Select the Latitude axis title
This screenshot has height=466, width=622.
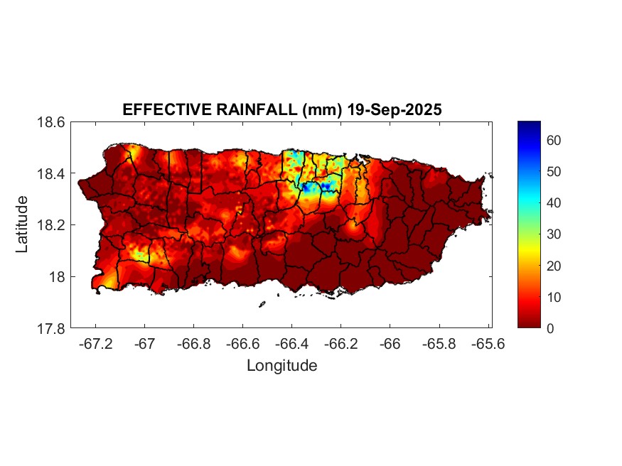click(x=22, y=224)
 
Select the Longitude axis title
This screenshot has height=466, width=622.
click(x=281, y=366)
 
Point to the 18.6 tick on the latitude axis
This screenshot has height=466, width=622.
click(x=52, y=122)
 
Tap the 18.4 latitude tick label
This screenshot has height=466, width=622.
click(x=52, y=174)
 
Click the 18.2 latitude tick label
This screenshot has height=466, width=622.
click(x=52, y=225)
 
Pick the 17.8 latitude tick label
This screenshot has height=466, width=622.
click(x=52, y=328)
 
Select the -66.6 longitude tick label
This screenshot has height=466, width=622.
click(x=242, y=344)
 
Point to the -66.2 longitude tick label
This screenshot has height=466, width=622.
click(x=341, y=344)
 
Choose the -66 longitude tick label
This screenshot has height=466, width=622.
click(x=390, y=344)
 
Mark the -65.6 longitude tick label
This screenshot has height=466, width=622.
click(x=488, y=344)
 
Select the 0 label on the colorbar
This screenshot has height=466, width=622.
click(x=550, y=328)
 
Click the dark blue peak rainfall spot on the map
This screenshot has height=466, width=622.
click(x=326, y=186)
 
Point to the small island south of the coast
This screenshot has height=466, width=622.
click(x=262, y=304)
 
